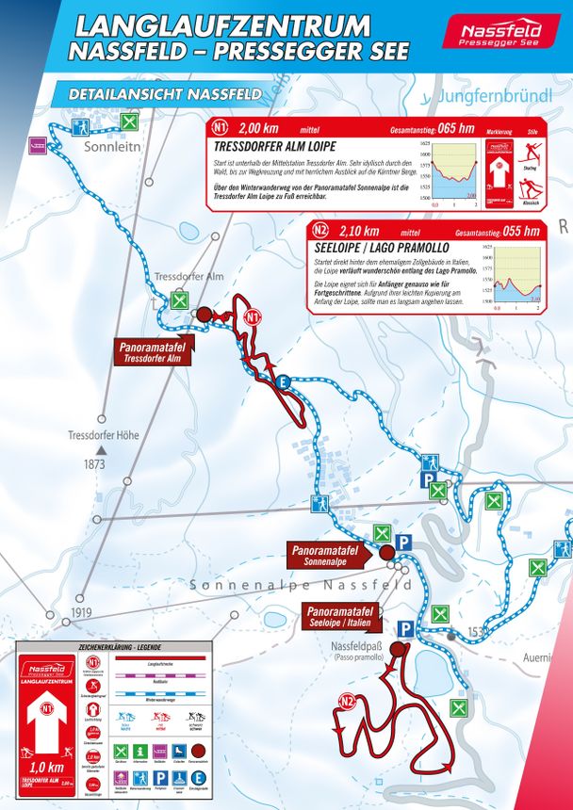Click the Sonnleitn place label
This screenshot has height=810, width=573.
111,148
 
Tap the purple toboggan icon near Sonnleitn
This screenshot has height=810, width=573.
39,144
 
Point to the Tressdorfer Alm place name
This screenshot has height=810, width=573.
188,277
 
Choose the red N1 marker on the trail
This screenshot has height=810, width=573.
252,318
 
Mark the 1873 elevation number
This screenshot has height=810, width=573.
93,465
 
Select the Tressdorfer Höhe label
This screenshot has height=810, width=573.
104,436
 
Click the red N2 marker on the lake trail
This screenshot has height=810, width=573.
349,700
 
